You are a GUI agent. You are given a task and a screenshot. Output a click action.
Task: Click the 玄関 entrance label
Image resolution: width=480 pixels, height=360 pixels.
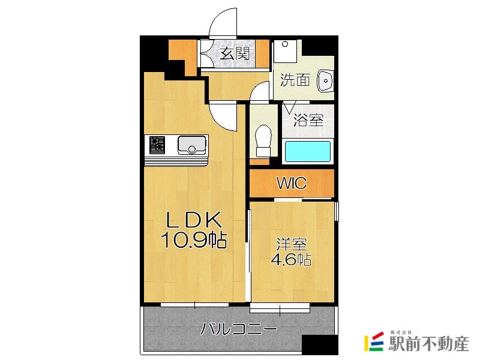pos(235,53)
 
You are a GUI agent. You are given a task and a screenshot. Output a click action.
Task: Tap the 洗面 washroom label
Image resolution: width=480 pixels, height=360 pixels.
pos(295,80)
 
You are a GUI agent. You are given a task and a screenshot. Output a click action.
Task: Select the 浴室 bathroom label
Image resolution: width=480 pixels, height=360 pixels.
pos(308,119)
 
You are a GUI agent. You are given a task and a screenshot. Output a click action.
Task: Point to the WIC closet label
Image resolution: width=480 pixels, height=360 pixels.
pos(291,183)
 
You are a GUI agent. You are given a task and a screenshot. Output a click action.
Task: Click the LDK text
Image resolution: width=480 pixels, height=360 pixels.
pos(193,220)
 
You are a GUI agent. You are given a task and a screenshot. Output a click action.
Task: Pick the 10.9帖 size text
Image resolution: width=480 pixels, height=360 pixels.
pos(193,241)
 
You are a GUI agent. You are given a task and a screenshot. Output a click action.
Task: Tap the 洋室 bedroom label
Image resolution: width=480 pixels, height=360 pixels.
pos(292,245)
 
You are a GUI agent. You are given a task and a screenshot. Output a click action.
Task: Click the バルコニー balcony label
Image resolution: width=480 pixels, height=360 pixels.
pos(238,329)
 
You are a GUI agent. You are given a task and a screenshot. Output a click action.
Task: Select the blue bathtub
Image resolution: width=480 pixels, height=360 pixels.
pos(307,151)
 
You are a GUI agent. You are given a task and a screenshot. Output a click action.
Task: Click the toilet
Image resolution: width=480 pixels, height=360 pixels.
pos(262,138)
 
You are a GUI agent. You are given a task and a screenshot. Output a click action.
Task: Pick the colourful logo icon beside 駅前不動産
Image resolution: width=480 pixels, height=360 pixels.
pos(374,342)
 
